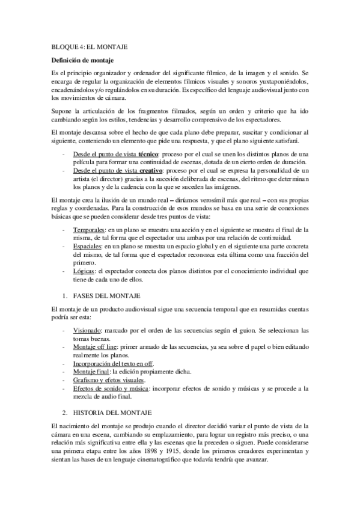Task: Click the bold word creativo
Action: (150, 171)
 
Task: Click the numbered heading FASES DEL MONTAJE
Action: (106, 296)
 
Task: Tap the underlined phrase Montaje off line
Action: (96, 347)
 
